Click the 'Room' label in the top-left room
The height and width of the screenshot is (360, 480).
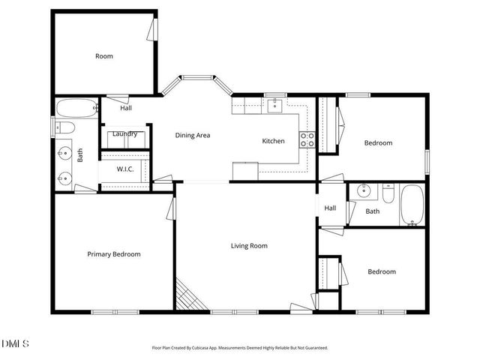pyautogui.click(x=104, y=56)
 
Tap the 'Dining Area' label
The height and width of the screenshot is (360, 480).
pyautogui.click(x=192, y=136)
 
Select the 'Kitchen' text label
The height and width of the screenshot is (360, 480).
pyautogui.click(x=272, y=141)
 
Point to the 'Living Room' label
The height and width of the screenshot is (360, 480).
pyautogui.click(x=248, y=245)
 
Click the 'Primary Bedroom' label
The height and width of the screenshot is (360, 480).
pyautogui.click(x=113, y=254)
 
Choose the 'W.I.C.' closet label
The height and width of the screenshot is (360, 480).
pyautogui.click(x=125, y=169)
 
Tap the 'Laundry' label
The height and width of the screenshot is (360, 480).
pyautogui.click(x=124, y=134)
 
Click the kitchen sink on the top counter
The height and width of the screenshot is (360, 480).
pyautogui.click(x=274, y=104)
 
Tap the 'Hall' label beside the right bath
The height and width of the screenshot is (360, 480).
pyautogui.click(x=330, y=208)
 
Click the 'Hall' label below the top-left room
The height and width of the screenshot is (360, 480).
pyautogui.click(x=126, y=109)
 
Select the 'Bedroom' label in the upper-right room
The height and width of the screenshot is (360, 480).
pyautogui.click(x=378, y=143)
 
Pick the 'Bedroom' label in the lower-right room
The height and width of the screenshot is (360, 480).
pyautogui.click(x=381, y=271)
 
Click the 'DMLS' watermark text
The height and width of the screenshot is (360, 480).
pyautogui.click(x=16, y=344)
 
